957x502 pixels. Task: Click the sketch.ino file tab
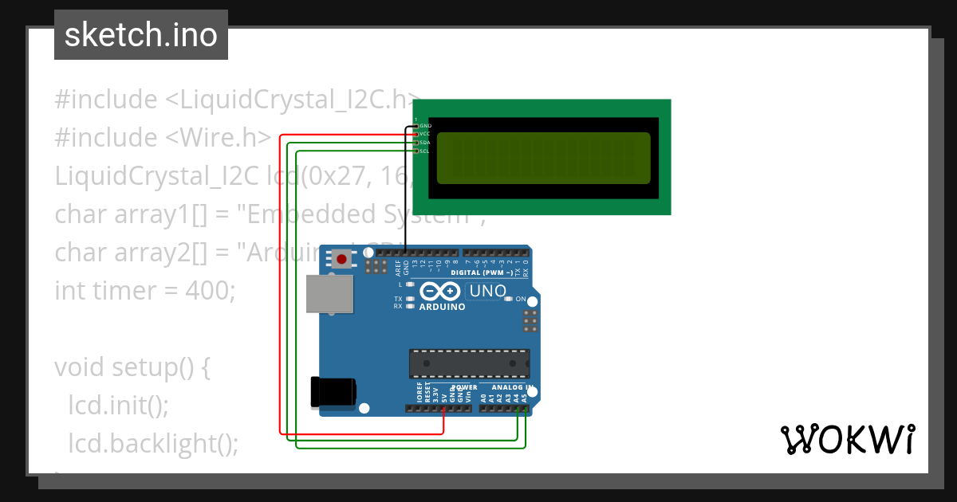pos(141,35)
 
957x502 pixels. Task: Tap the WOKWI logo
pos(847,439)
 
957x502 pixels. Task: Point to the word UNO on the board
pos(488,291)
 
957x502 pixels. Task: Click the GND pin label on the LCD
pos(426,126)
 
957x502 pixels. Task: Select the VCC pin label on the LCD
pos(426,134)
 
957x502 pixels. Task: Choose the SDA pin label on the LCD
pos(426,143)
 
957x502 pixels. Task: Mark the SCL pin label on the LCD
pos(425,151)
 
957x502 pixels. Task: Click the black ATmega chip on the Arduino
pos(469,363)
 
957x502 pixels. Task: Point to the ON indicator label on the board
pos(521,299)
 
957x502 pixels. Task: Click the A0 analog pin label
pos(483,395)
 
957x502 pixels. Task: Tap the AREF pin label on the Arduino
pos(398,268)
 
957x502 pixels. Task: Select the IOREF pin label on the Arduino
pos(419,391)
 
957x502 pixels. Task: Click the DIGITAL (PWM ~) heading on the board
pos(482,273)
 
